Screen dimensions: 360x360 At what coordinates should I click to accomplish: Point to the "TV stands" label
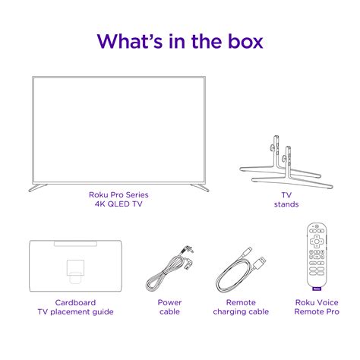pos(286,199)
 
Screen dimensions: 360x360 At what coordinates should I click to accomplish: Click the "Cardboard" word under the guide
pos(75,302)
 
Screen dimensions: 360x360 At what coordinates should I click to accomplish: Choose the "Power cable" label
pos(170,307)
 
